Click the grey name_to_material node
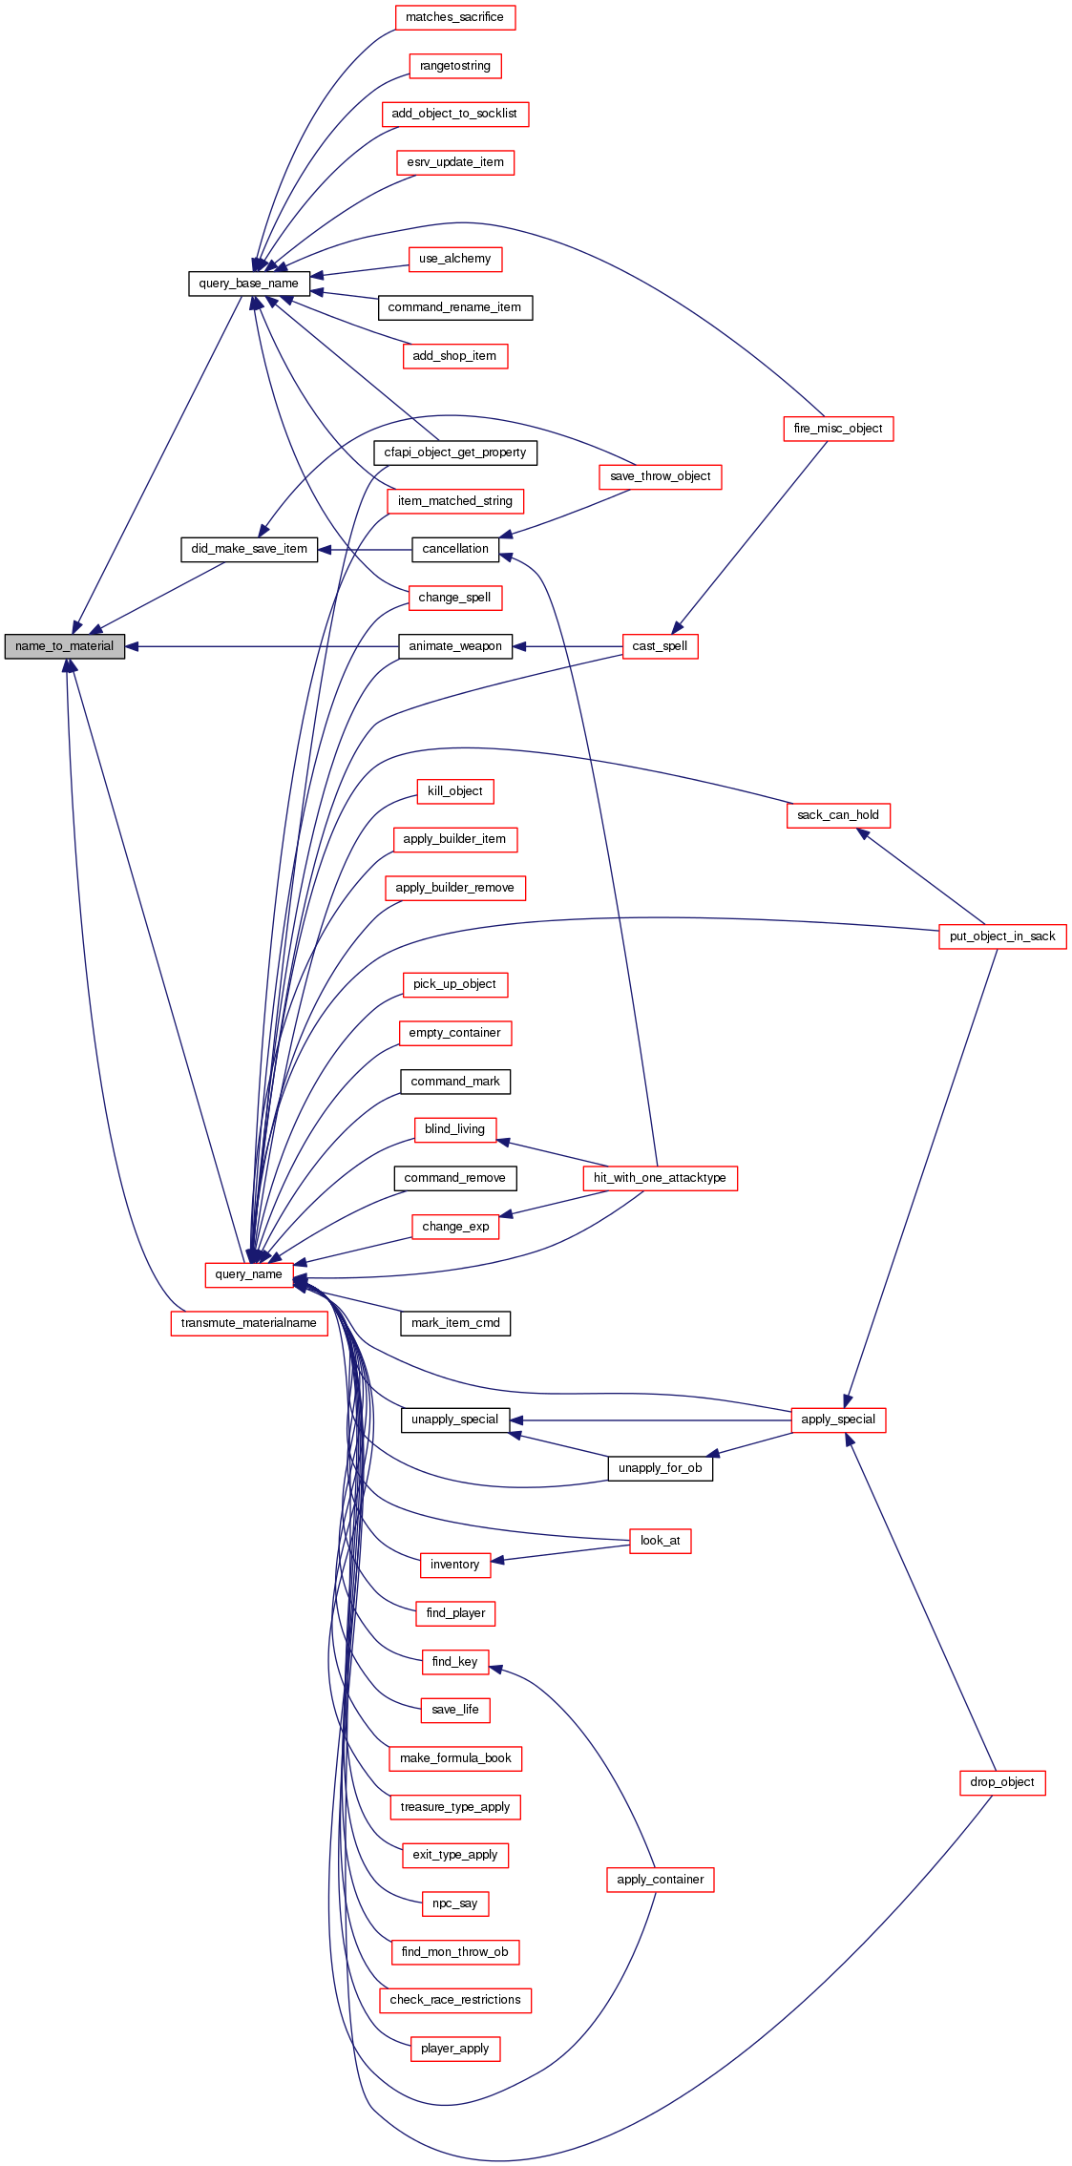[x=65, y=646]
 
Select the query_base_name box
[x=248, y=284]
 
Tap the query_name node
[x=248, y=1274]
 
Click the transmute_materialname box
[x=248, y=1323]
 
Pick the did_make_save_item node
[x=249, y=549]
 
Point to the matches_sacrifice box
[x=454, y=17]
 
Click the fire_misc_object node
[x=838, y=429]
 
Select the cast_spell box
[x=660, y=646]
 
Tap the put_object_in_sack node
[x=1002, y=936]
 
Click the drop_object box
[x=1002, y=1782]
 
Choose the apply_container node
[x=660, y=1880]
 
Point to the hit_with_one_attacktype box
[x=660, y=1178]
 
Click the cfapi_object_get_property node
[x=454, y=452]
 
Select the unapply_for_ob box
[x=660, y=1468]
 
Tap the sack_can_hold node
[x=838, y=815]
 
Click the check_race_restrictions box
[x=454, y=2000]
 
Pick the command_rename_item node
[x=454, y=307]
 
